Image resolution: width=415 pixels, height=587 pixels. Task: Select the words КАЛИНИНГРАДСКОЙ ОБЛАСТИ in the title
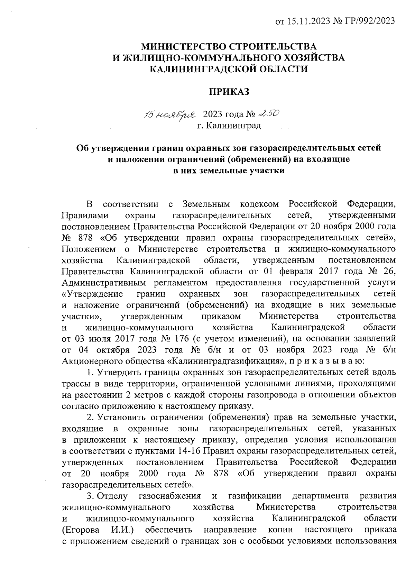pos(229,69)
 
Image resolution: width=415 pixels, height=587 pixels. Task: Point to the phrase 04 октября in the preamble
pos(100,350)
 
